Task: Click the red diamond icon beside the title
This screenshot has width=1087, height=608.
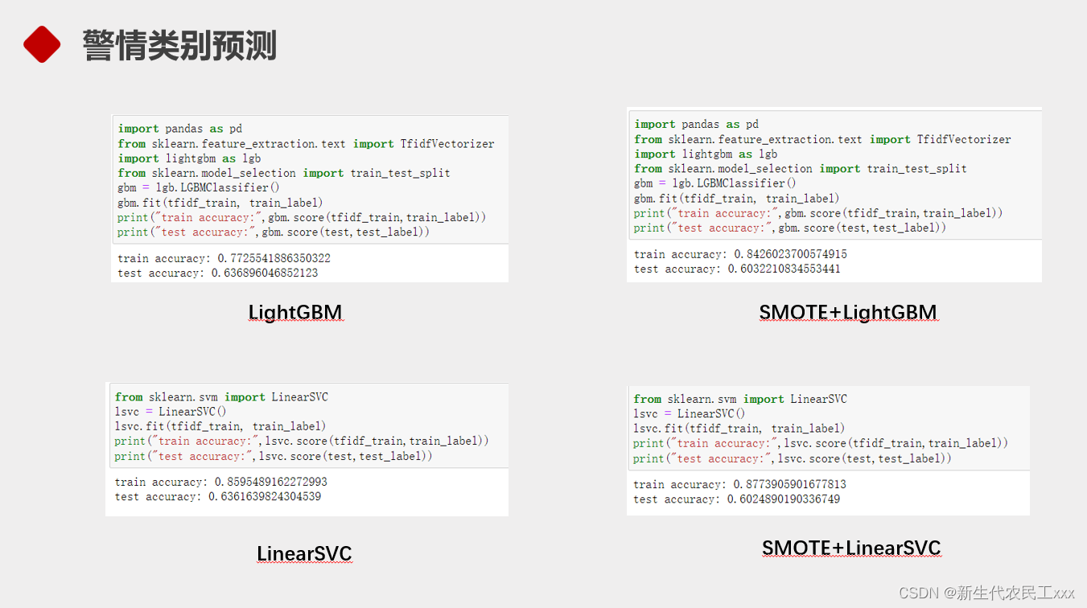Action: (x=42, y=44)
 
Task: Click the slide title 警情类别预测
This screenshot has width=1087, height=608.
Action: (x=179, y=45)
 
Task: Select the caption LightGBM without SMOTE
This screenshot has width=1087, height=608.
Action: (x=295, y=312)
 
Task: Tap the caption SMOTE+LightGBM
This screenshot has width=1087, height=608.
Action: (x=848, y=312)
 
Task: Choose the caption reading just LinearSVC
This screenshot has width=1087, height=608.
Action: (x=304, y=553)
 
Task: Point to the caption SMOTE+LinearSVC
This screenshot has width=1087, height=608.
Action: (x=851, y=548)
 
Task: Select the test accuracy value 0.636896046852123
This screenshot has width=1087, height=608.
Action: (x=265, y=273)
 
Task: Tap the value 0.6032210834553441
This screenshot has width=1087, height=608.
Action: (x=784, y=269)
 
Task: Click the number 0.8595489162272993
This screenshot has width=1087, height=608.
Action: (x=271, y=482)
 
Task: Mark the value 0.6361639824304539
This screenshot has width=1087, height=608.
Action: (x=265, y=496)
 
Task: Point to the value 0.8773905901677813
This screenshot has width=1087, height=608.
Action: (x=790, y=484)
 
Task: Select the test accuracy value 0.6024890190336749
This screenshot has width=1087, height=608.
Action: (x=784, y=499)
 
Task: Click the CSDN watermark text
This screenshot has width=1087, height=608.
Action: (x=986, y=593)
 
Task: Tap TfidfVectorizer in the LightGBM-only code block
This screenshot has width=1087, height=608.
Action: (x=447, y=144)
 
